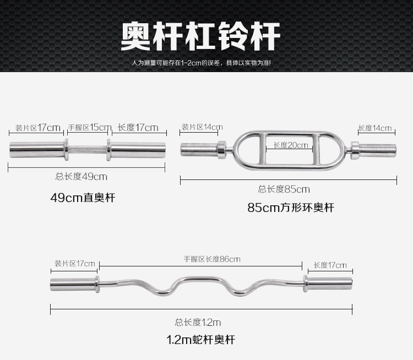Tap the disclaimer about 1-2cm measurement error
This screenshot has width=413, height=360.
[202, 63]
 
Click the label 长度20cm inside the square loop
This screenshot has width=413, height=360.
[291, 145]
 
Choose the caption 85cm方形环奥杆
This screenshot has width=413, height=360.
[291, 208]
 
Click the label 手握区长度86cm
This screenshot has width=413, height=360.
[212, 259]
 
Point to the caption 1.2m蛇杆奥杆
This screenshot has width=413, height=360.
[200, 340]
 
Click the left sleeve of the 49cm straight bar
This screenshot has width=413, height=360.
[36, 149]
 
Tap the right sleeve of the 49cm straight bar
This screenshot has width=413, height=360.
[138, 149]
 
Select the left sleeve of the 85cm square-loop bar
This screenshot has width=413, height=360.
[198, 148]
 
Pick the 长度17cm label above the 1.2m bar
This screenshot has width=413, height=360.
[330, 265]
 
